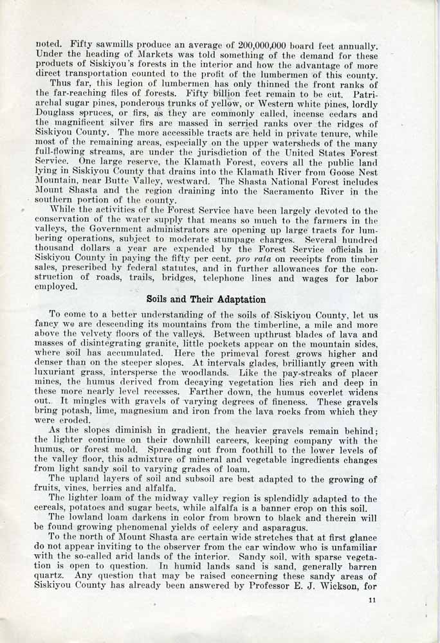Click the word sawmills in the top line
click(x=111, y=47)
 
